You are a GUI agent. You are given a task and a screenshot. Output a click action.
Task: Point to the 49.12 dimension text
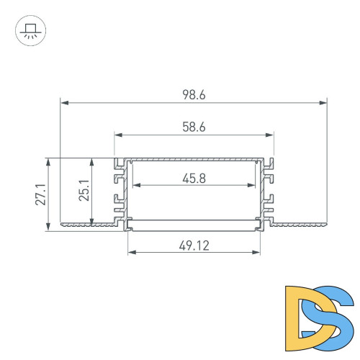[194, 246]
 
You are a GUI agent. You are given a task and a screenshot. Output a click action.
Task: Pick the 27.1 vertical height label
[40, 194]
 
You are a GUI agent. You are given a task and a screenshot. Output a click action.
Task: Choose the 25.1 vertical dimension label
[84, 191]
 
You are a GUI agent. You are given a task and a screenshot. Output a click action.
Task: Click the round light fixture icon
[29, 32]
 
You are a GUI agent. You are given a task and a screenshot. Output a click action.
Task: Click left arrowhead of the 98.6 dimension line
[63, 103]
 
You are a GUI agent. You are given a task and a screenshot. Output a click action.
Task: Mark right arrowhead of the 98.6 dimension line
[323, 103]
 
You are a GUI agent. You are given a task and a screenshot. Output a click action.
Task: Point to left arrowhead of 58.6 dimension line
[117, 135]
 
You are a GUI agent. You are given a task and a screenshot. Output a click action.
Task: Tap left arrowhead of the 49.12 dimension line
[131, 253]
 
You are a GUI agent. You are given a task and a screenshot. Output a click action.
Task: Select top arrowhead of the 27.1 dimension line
[48, 162]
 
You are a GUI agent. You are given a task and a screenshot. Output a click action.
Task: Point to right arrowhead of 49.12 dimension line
[257, 253]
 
